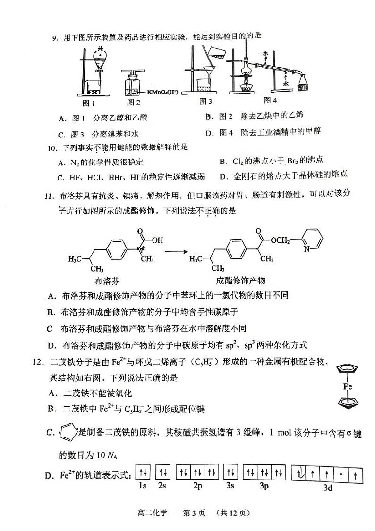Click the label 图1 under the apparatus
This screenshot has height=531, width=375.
(x=89, y=103)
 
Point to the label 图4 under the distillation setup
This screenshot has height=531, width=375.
(x=270, y=100)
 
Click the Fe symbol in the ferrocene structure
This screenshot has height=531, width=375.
(x=348, y=386)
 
